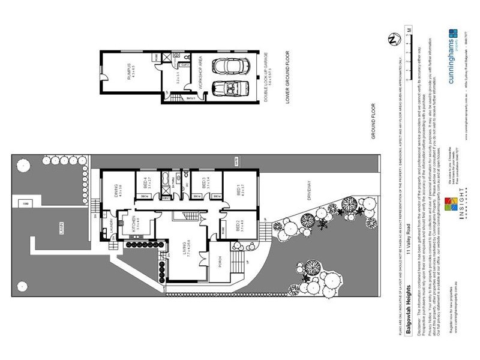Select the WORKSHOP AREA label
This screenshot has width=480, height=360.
click(195, 76)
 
